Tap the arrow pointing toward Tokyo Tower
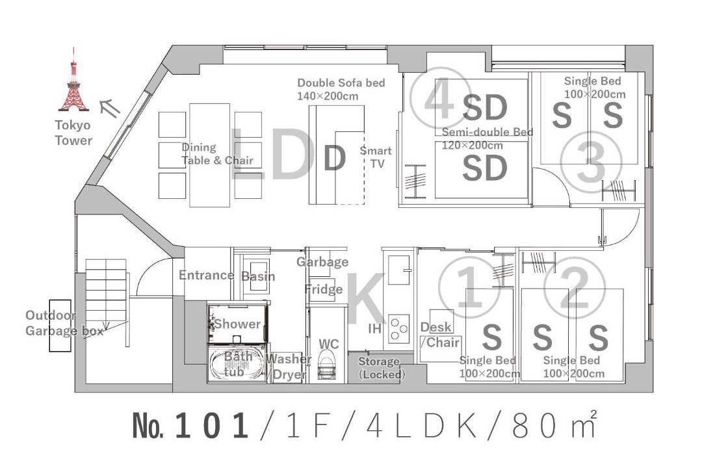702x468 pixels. [x=110, y=108]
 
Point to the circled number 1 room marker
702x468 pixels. [x=469, y=286]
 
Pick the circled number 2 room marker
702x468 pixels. [x=575, y=286]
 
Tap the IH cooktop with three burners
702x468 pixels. [x=399, y=328]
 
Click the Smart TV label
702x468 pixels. [x=376, y=157]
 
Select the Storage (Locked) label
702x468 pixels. [x=380, y=368]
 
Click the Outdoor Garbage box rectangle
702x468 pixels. [x=60, y=326]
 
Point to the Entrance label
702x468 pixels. [x=207, y=275]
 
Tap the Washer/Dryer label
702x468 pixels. [x=289, y=367]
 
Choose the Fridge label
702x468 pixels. [x=324, y=289]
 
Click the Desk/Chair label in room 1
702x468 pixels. [x=440, y=335]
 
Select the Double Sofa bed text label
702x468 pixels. [x=341, y=83]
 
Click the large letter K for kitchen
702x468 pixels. [x=365, y=299]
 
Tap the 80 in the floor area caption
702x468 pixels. [x=534, y=426]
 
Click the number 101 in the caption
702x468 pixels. [x=212, y=426]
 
